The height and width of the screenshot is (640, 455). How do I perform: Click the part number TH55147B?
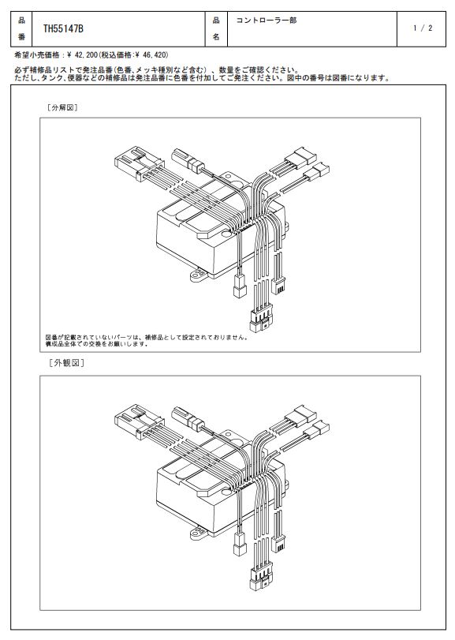click(x=63, y=29)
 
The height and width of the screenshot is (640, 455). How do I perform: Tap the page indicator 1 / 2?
click(x=423, y=28)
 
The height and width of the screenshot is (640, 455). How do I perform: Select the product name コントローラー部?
click(x=267, y=20)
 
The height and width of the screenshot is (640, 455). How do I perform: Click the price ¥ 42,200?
click(x=80, y=54)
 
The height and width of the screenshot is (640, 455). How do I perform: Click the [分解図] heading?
click(x=62, y=108)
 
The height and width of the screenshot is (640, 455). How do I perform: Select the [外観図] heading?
click(x=66, y=363)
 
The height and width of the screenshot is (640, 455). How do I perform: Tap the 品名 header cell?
click(x=216, y=29)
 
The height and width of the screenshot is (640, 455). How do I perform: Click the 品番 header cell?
click(x=21, y=29)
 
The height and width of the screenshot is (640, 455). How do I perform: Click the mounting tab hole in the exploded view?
click(x=200, y=275)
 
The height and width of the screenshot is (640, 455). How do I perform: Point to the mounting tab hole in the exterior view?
click(x=200, y=532)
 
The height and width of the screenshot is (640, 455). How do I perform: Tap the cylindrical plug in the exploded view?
click(x=188, y=160)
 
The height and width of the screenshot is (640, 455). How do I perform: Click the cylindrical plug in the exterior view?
click(x=188, y=417)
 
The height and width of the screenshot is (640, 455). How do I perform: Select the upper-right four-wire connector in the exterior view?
click(x=300, y=416)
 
